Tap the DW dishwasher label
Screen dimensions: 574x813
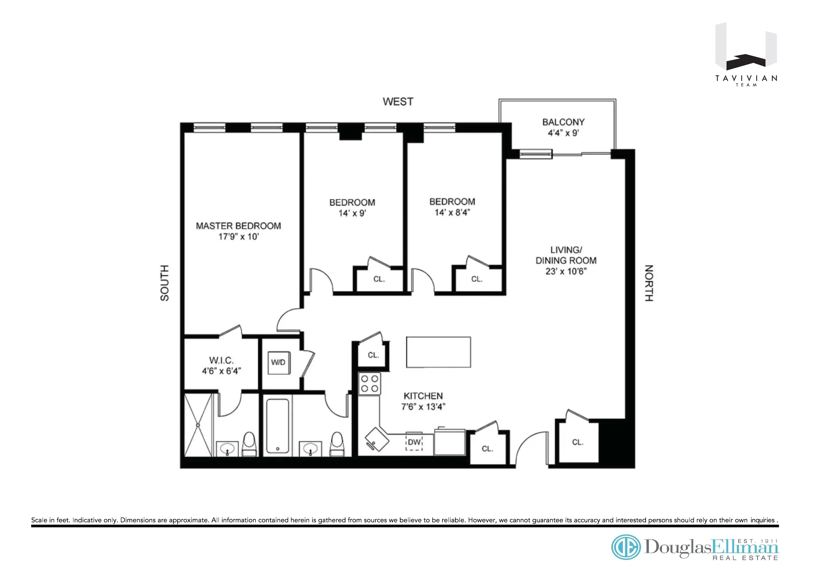click(414, 442)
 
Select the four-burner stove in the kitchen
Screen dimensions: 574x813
click(369, 384)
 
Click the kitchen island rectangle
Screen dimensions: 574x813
click(438, 352)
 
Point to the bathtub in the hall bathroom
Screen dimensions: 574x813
click(278, 426)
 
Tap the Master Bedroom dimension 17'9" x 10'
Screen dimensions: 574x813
click(238, 237)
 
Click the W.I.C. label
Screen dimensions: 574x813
click(221, 361)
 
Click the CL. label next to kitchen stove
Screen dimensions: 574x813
click(373, 355)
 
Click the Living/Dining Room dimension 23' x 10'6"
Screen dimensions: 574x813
click(566, 271)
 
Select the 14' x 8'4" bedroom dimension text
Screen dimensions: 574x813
click(452, 212)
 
